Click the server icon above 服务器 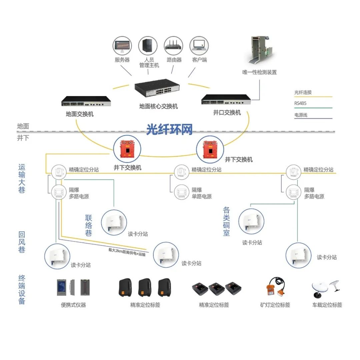[122, 46]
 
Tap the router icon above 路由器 [174, 46]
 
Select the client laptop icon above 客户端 [199, 46]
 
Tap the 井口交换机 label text [227, 113]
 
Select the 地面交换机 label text [80, 114]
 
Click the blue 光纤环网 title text [169, 129]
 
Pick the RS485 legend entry [300, 103]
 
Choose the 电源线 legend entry [301, 115]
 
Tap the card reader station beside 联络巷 [114, 220]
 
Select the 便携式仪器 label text [73, 305]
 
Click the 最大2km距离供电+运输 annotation [127, 252]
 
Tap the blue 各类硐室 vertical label [227, 221]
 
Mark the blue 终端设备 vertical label [22, 289]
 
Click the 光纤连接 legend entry [303, 92]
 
